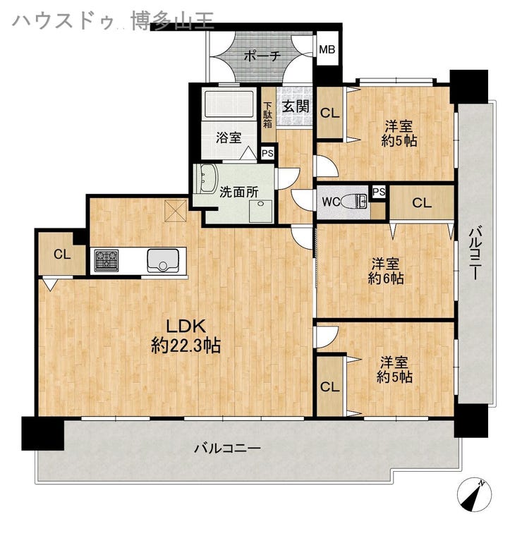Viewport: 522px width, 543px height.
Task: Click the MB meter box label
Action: pos(327,49)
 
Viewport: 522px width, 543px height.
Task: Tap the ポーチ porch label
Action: pos(262,56)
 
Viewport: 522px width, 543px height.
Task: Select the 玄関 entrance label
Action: pos(296,106)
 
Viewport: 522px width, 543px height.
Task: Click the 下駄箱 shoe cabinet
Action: pos(268,114)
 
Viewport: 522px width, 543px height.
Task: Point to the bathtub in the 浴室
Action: pos(229,103)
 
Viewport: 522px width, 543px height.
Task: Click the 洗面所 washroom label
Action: pos(239,192)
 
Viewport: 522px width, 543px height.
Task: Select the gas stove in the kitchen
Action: pos(107,260)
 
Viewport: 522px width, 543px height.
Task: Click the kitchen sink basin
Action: pos(163,260)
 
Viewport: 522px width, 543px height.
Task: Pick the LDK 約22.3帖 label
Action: pos(186,336)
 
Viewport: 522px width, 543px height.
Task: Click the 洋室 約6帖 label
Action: pos(386,271)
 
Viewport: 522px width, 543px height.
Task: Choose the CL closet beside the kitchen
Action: pos(62,255)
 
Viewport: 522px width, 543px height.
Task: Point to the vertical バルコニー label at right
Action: pos(475,252)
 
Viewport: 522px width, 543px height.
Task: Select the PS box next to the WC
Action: pos(379,192)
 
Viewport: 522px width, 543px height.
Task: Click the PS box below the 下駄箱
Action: pos(267,153)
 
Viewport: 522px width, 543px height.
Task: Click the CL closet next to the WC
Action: pos(422,202)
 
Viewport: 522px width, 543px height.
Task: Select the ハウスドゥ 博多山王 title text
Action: pos(114,20)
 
